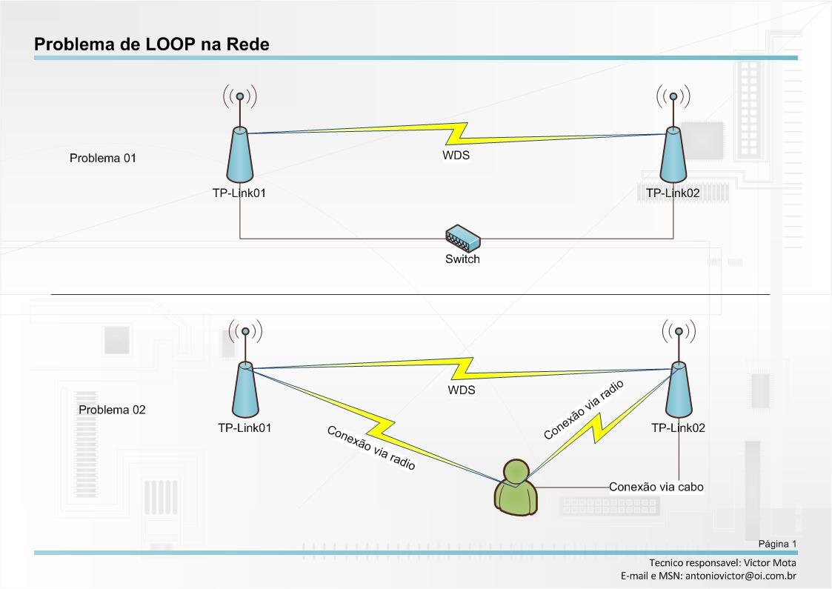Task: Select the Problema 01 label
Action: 102,158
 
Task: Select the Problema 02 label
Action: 112,410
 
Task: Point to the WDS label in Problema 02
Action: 461,390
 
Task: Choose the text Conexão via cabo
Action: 656,487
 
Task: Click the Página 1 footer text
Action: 777,544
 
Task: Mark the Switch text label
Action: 462,259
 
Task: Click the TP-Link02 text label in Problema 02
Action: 678,427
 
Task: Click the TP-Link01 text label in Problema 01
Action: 239,193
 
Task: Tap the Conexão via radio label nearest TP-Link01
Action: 371,448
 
